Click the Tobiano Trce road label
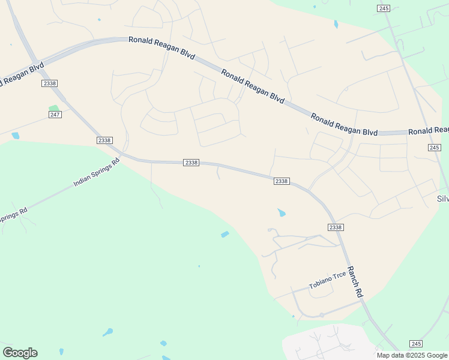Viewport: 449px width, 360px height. tap(327, 280)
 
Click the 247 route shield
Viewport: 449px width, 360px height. tap(55, 114)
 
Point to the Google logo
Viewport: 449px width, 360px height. tap(20, 353)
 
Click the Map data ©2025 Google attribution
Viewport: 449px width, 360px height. tap(412, 355)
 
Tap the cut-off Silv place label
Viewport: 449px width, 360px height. tap(442, 199)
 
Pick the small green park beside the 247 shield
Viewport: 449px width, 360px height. tap(54, 108)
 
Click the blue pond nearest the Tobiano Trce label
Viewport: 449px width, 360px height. tap(282, 212)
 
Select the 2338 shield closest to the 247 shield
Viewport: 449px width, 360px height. tap(50, 83)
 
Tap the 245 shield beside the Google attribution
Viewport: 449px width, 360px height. tap(416, 343)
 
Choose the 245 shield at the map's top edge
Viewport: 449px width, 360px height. tap(384, 8)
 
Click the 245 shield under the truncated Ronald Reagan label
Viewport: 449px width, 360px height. tap(435, 147)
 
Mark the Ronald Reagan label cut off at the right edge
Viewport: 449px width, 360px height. tap(428, 131)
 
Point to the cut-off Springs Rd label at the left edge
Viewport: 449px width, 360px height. tap(13, 215)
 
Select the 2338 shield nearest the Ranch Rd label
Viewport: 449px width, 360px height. tap(336, 227)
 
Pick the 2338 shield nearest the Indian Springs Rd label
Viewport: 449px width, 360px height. tap(104, 140)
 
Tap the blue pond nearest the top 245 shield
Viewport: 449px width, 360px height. tap(336, 25)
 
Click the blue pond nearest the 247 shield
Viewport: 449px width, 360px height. tap(15, 136)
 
